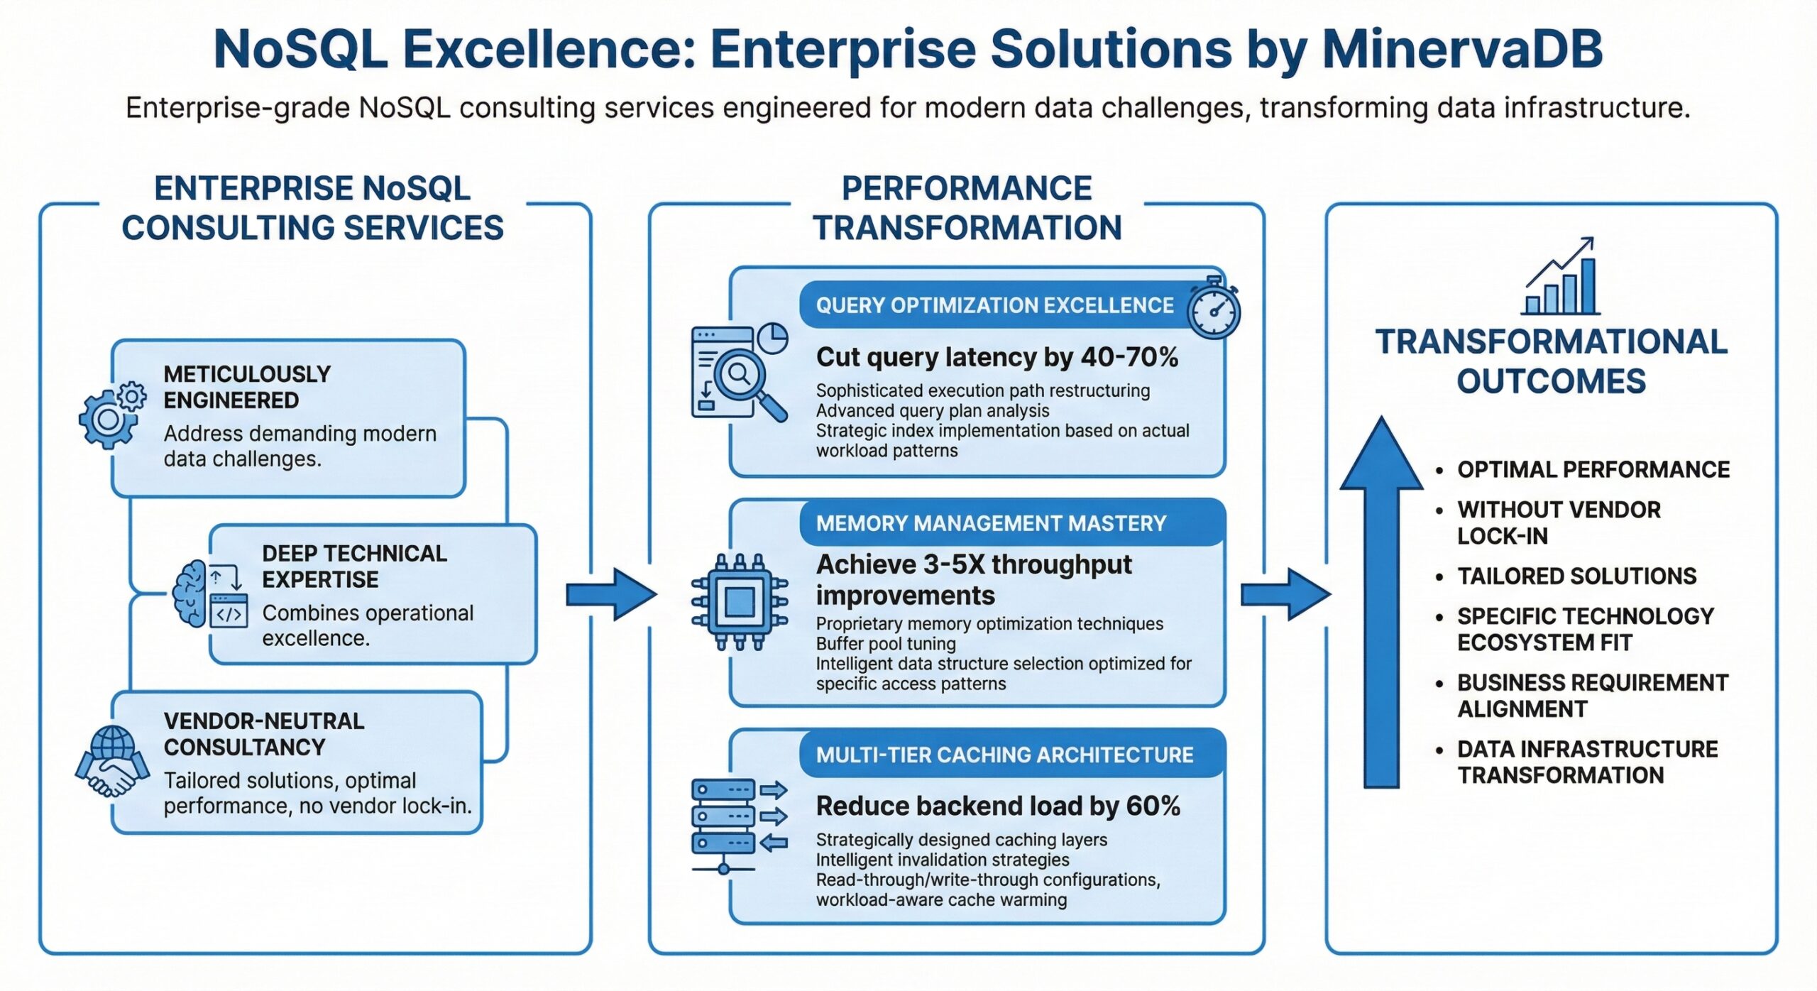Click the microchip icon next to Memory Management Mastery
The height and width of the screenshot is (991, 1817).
click(x=740, y=602)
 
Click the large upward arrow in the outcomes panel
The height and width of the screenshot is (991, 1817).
click(x=1381, y=602)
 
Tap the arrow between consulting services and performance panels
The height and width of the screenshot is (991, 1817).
click(x=611, y=595)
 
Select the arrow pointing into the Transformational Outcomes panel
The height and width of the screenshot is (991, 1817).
click(x=1285, y=595)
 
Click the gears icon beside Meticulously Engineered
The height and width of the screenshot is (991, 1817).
click(x=112, y=415)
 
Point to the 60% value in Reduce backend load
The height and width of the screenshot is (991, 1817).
click(x=1153, y=806)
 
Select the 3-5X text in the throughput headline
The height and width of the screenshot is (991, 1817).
click(x=953, y=564)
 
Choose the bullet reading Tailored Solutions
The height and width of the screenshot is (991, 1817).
click(x=1576, y=576)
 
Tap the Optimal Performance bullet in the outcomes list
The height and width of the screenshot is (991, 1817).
click(x=1593, y=469)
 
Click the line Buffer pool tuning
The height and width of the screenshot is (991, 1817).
click(x=886, y=644)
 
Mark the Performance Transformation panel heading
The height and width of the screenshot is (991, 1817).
click(x=967, y=208)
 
